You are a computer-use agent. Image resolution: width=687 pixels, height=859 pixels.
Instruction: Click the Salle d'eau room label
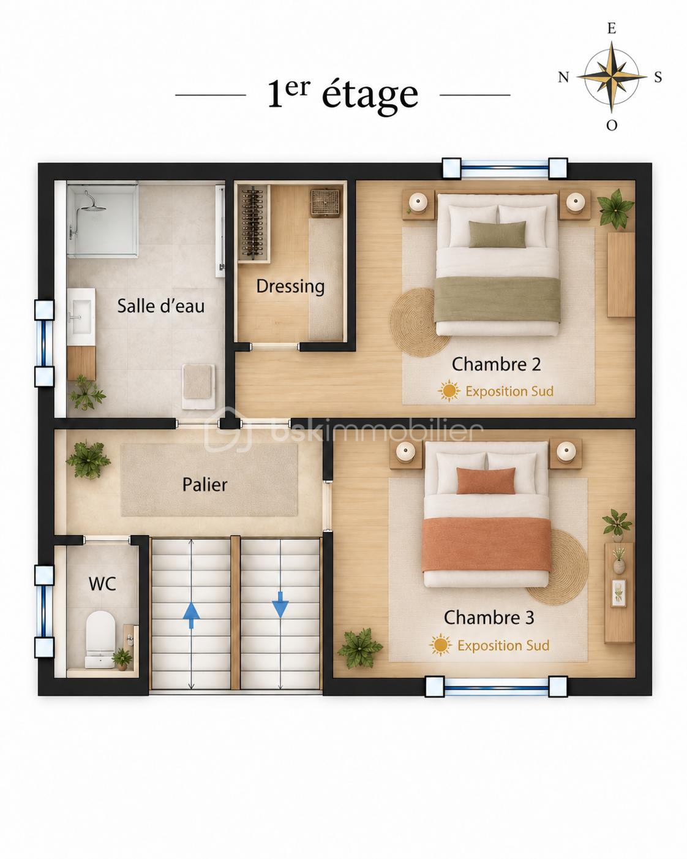[x=161, y=306]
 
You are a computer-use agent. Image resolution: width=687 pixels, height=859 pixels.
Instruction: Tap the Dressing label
[x=290, y=287]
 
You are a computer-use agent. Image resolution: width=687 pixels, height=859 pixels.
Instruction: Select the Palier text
[x=205, y=485]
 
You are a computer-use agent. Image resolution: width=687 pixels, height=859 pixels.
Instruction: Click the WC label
[x=102, y=584]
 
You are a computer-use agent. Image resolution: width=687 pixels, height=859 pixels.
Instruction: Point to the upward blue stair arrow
[x=191, y=615]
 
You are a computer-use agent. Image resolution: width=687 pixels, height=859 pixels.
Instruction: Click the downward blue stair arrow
[x=280, y=605]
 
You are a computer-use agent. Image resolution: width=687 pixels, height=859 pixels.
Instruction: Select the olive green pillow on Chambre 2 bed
[x=497, y=234]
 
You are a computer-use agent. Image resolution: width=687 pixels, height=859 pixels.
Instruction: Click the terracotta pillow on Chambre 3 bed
[x=486, y=480]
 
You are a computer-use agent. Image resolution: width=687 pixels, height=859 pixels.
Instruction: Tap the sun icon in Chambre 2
[x=449, y=391]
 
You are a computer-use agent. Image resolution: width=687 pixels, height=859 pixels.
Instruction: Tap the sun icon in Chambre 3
[x=441, y=645]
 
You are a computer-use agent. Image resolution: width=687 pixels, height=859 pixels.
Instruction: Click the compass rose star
[x=612, y=76]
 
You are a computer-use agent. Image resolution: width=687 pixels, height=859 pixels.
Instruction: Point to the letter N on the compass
[x=563, y=77]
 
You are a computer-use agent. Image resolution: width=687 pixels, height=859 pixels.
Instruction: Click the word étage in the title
[x=370, y=94]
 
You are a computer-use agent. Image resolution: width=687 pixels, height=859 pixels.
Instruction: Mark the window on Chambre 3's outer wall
[x=497, y=687]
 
